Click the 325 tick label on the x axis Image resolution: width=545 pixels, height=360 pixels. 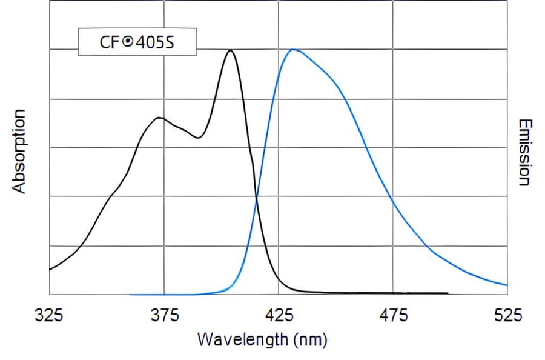(49, 315)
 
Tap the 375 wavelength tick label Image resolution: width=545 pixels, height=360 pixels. (163, 315)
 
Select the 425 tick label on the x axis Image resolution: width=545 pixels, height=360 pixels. (279, 315)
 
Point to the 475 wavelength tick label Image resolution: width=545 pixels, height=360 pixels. (393, 315)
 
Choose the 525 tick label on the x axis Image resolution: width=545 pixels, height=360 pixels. (507, 315)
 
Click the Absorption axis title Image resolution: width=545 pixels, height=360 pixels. (20, 151)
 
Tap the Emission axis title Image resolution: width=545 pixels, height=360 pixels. (524, 152)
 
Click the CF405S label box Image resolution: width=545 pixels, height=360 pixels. (137, 42)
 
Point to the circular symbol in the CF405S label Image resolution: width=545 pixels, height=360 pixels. (127, 42)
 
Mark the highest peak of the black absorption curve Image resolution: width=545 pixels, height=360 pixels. (230, 50)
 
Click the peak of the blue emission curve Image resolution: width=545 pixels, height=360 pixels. (292, 50)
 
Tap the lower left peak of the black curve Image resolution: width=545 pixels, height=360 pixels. (159, 118)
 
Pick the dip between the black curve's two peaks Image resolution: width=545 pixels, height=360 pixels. (197, 138)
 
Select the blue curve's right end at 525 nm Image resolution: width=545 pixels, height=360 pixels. (506, 285)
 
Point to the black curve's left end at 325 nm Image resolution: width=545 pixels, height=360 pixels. (50, 268)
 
